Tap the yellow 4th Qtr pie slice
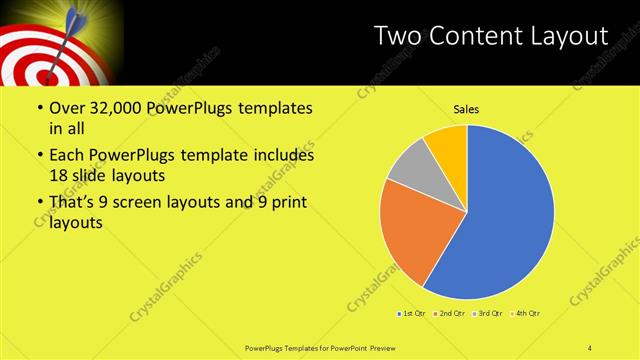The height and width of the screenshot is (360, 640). (448, 143)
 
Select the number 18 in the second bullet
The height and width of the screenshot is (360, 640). (59, 175)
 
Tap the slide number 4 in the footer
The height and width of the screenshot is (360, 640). (589, 347)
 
